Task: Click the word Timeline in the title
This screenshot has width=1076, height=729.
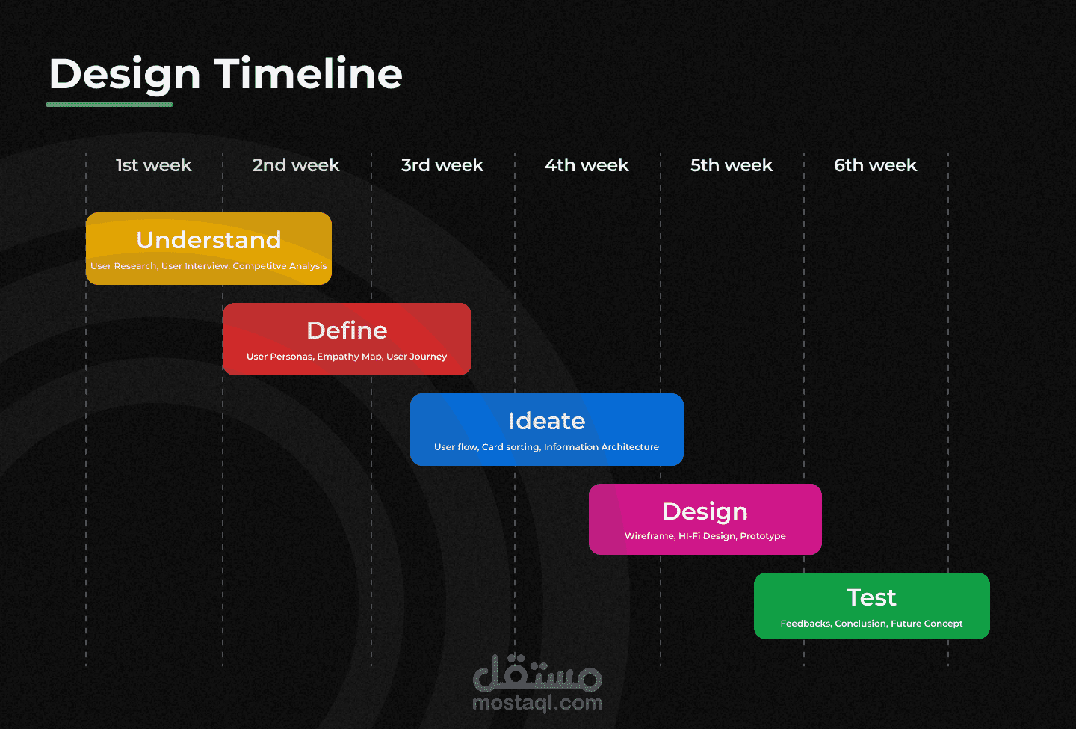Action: [x=308, y=73]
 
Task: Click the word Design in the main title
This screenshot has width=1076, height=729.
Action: [x=125, y=76]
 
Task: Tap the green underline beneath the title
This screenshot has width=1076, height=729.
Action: [x=110, y=104]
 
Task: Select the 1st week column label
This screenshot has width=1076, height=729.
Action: [x=154, y=165]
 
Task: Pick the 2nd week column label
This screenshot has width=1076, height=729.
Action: [x=296, y=165]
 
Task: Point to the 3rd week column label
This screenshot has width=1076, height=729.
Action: [x=442, y=165]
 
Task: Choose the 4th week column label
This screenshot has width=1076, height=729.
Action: [x=587, y=165]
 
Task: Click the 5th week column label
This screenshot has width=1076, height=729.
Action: [x=731, y=165]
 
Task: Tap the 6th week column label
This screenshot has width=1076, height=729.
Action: [x=875, y=165]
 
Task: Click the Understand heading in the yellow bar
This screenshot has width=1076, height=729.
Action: [x=208, y=240]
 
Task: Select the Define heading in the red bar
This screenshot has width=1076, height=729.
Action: [x=347, y=330]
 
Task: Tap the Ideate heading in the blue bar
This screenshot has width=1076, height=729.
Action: [x=547, y=421]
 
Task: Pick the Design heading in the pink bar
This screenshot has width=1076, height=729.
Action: [x=705, y=512]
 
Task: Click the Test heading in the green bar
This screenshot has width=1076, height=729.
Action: [x=871, y=598]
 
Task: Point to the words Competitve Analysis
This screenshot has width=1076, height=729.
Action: [x=279, y=266]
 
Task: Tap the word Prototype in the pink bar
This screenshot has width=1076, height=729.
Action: [x=763, y=536]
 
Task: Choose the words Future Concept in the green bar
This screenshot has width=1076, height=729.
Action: [x=927, y=624]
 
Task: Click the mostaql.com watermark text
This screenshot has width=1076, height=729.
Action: [x=537, y=703]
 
